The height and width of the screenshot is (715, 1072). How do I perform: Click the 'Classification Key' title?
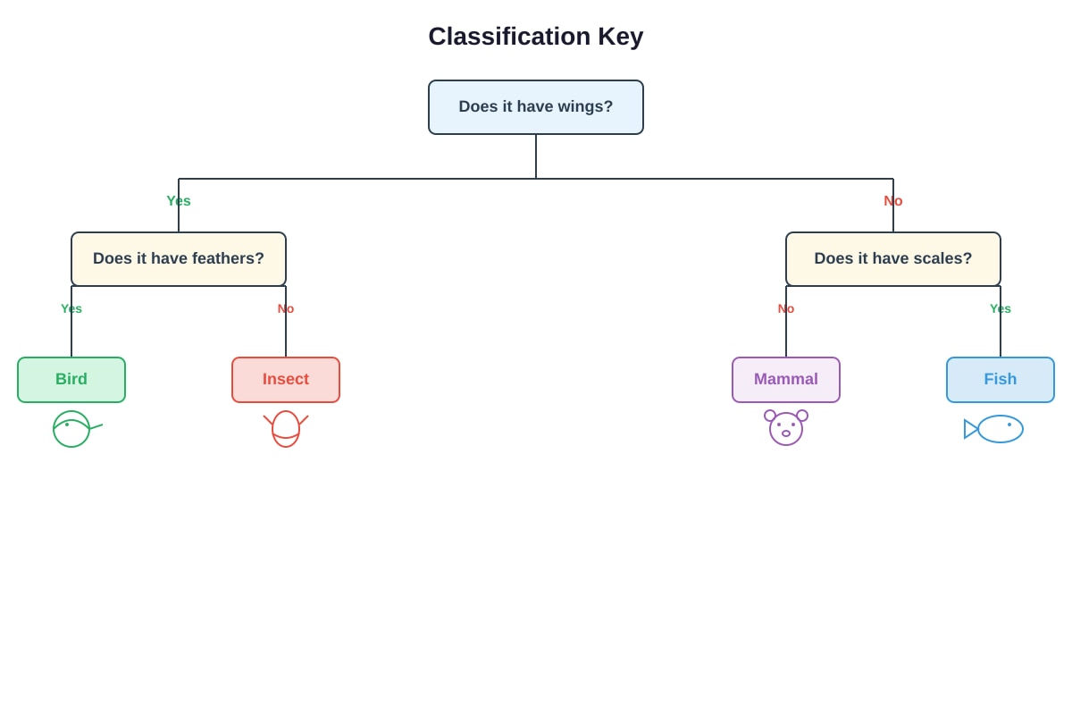click(535, 37)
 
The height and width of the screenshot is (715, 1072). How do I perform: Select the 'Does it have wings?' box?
click(535, 107)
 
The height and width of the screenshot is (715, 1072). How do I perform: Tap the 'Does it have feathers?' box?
click(179, 259)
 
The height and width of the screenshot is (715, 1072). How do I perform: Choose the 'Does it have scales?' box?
click(893, 259)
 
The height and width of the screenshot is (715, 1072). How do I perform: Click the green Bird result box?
click(71, 380)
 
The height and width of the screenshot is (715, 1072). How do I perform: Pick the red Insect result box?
click(286, 380)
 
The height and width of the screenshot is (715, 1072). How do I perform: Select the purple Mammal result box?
click(786, 380)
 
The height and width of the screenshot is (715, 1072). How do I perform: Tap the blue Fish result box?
click(1001, 380)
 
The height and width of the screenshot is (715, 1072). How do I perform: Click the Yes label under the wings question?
click(179, 201)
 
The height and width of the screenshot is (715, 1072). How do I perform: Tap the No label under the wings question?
click(893, 201)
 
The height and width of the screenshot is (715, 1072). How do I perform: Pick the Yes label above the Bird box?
click(71, 308)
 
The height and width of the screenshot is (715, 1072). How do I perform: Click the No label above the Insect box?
click(286, 308)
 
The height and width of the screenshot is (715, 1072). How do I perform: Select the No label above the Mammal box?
click(786, 308)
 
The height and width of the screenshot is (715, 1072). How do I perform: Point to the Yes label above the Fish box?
click(1001, 308)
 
